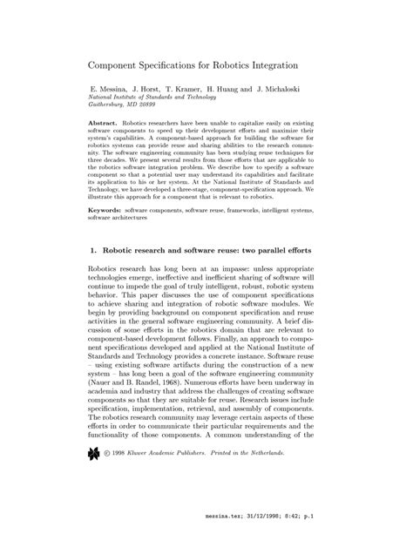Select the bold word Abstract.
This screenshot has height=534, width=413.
click(x=105, y=126)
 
